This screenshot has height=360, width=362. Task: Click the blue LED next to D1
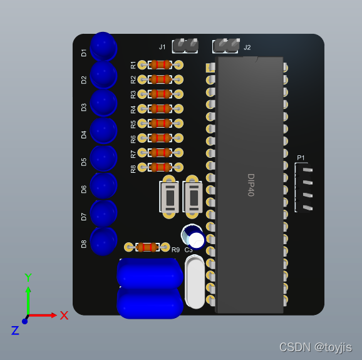(103, 46)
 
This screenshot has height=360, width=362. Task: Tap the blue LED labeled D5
(103, 158)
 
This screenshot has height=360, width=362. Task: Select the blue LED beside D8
(103, 242)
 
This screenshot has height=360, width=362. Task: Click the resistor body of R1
(160, 65)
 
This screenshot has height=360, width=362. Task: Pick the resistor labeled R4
(160, 109)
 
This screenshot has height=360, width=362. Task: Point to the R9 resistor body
(147, 247)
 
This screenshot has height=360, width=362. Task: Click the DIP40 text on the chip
(251, 185)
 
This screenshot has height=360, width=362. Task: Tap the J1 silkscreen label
(162, 47)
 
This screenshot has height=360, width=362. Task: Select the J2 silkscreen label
(247, 48)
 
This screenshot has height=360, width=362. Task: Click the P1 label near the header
(301, 158)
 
